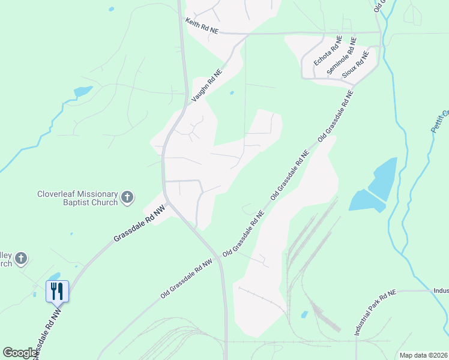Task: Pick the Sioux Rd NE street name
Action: click(355, 65)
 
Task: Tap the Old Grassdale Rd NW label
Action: click(187, 279)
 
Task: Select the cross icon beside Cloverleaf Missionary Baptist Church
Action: click(127, 197)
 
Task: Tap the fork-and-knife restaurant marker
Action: click(58, 292)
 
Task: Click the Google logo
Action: click(20, 353)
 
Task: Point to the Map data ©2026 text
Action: click(423, 355)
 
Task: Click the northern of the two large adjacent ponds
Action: click(383, 178)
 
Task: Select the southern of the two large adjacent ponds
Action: click(366, 200)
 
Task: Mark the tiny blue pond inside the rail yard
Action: click(304, 314)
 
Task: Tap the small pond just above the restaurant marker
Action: click(55, 276)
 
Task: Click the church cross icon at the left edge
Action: click(20, 259)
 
